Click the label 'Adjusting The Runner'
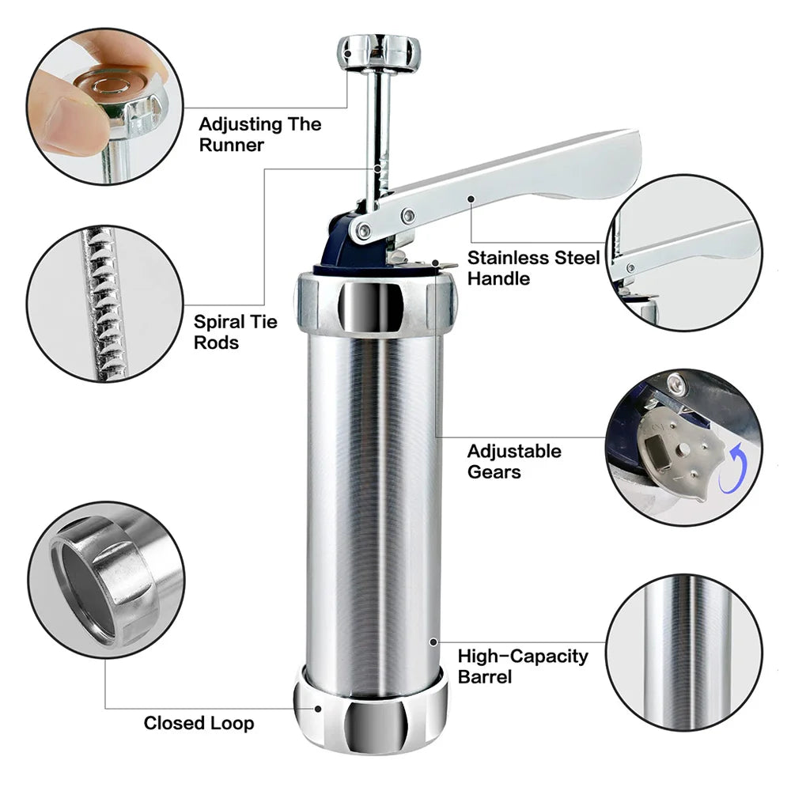[x=259, y=134]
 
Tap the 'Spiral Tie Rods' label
[x=235, y=332]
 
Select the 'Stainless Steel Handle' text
[x=532, y=267]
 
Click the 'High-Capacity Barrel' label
[x=523, y=666]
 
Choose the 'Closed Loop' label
[x=199, y=723]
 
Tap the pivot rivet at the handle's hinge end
[x=363, y=231]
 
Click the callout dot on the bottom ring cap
[x=319, y=709]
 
